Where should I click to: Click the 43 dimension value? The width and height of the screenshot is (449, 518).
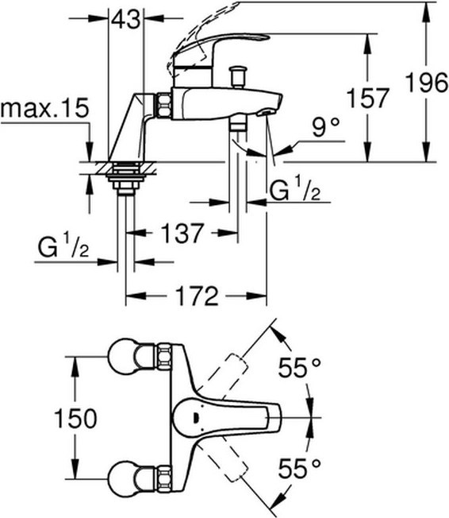point(125,19)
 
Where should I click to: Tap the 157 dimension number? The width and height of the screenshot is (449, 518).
point(368,98)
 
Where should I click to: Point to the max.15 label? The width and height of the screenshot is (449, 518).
point(45,107)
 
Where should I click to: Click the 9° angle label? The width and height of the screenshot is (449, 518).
point(325,127)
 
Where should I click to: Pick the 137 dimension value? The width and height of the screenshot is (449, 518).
point(182,234)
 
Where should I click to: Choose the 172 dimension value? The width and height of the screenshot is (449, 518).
point(197,296)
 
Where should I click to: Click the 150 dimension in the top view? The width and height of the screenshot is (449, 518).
point(75,418)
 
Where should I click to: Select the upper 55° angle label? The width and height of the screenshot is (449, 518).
point(299,367)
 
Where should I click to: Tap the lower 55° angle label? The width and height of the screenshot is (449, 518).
point(299,468)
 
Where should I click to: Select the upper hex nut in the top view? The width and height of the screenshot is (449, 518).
point(164,357)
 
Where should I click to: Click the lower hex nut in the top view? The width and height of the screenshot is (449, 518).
point(164,477)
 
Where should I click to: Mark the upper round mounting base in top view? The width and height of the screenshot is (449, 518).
point(124,357)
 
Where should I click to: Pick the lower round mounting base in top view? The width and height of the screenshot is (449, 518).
point(124,479)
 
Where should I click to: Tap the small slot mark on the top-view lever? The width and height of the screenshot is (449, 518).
point(195,418)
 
